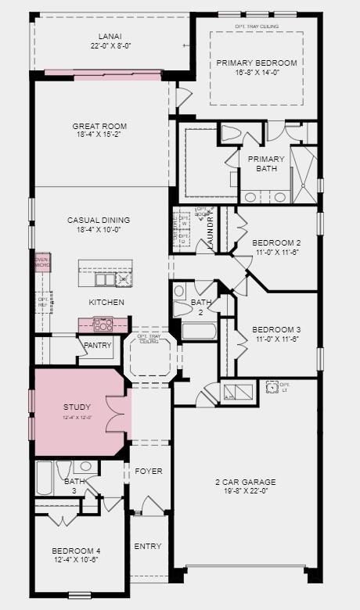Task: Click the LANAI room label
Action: click(x=110, y=36)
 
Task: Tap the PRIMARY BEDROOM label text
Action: click(x=256, y=63)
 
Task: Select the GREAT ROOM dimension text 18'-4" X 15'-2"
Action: click(x=99, y=136)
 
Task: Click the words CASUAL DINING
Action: click(x=99, y=220)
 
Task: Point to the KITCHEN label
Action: click(x=107, y=302)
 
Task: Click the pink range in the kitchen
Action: click(x=103, y=324)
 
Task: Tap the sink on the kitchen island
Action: click(x=103, y=279)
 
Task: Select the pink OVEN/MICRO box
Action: click(x=42, y=264)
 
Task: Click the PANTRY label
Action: click(x=97, y=346)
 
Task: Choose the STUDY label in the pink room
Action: click(x=77, y=407)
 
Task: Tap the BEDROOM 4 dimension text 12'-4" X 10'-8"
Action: click(x=76, y=560)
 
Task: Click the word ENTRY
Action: click(x=148, y=546)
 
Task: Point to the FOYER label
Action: click(x=148, y=472)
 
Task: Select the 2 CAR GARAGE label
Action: click(x=245, y=482)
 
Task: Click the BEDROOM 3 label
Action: click(x=276, y=330)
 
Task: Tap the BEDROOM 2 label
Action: click(x=276, y=243)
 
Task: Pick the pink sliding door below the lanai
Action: click(x=103, y=74)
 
